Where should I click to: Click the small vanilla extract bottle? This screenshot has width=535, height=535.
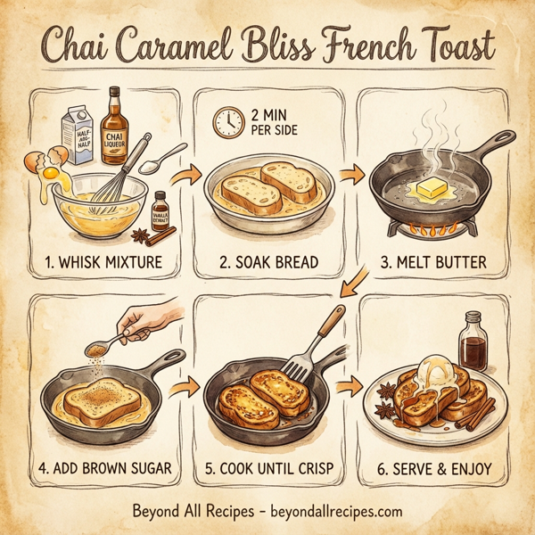(x=160, y=211)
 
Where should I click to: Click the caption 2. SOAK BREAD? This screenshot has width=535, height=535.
(x=268, y=263)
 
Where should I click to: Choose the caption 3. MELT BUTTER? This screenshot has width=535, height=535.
(x=435, y=263)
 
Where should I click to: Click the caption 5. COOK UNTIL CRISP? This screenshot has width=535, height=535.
(x=268, y=468)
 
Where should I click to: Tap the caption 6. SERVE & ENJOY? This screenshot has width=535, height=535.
(x=433, y=468)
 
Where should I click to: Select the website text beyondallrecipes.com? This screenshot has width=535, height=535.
(x=330, y=514)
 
